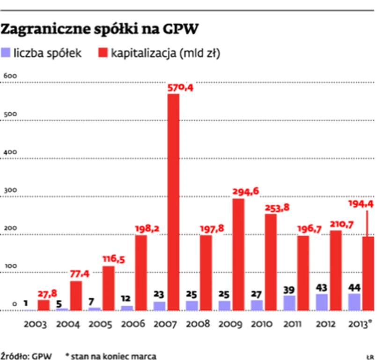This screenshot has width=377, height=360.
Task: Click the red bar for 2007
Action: (173, 201)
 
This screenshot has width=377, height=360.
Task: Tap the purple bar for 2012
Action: (322, 301)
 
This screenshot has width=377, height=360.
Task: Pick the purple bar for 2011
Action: (289, 302)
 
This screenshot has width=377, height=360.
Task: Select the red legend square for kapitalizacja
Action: (103, 53)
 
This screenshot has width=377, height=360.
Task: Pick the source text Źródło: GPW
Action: (22, 355)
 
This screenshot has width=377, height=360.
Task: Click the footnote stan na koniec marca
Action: (113, 355)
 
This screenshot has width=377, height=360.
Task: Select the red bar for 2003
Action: (44, 305)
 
